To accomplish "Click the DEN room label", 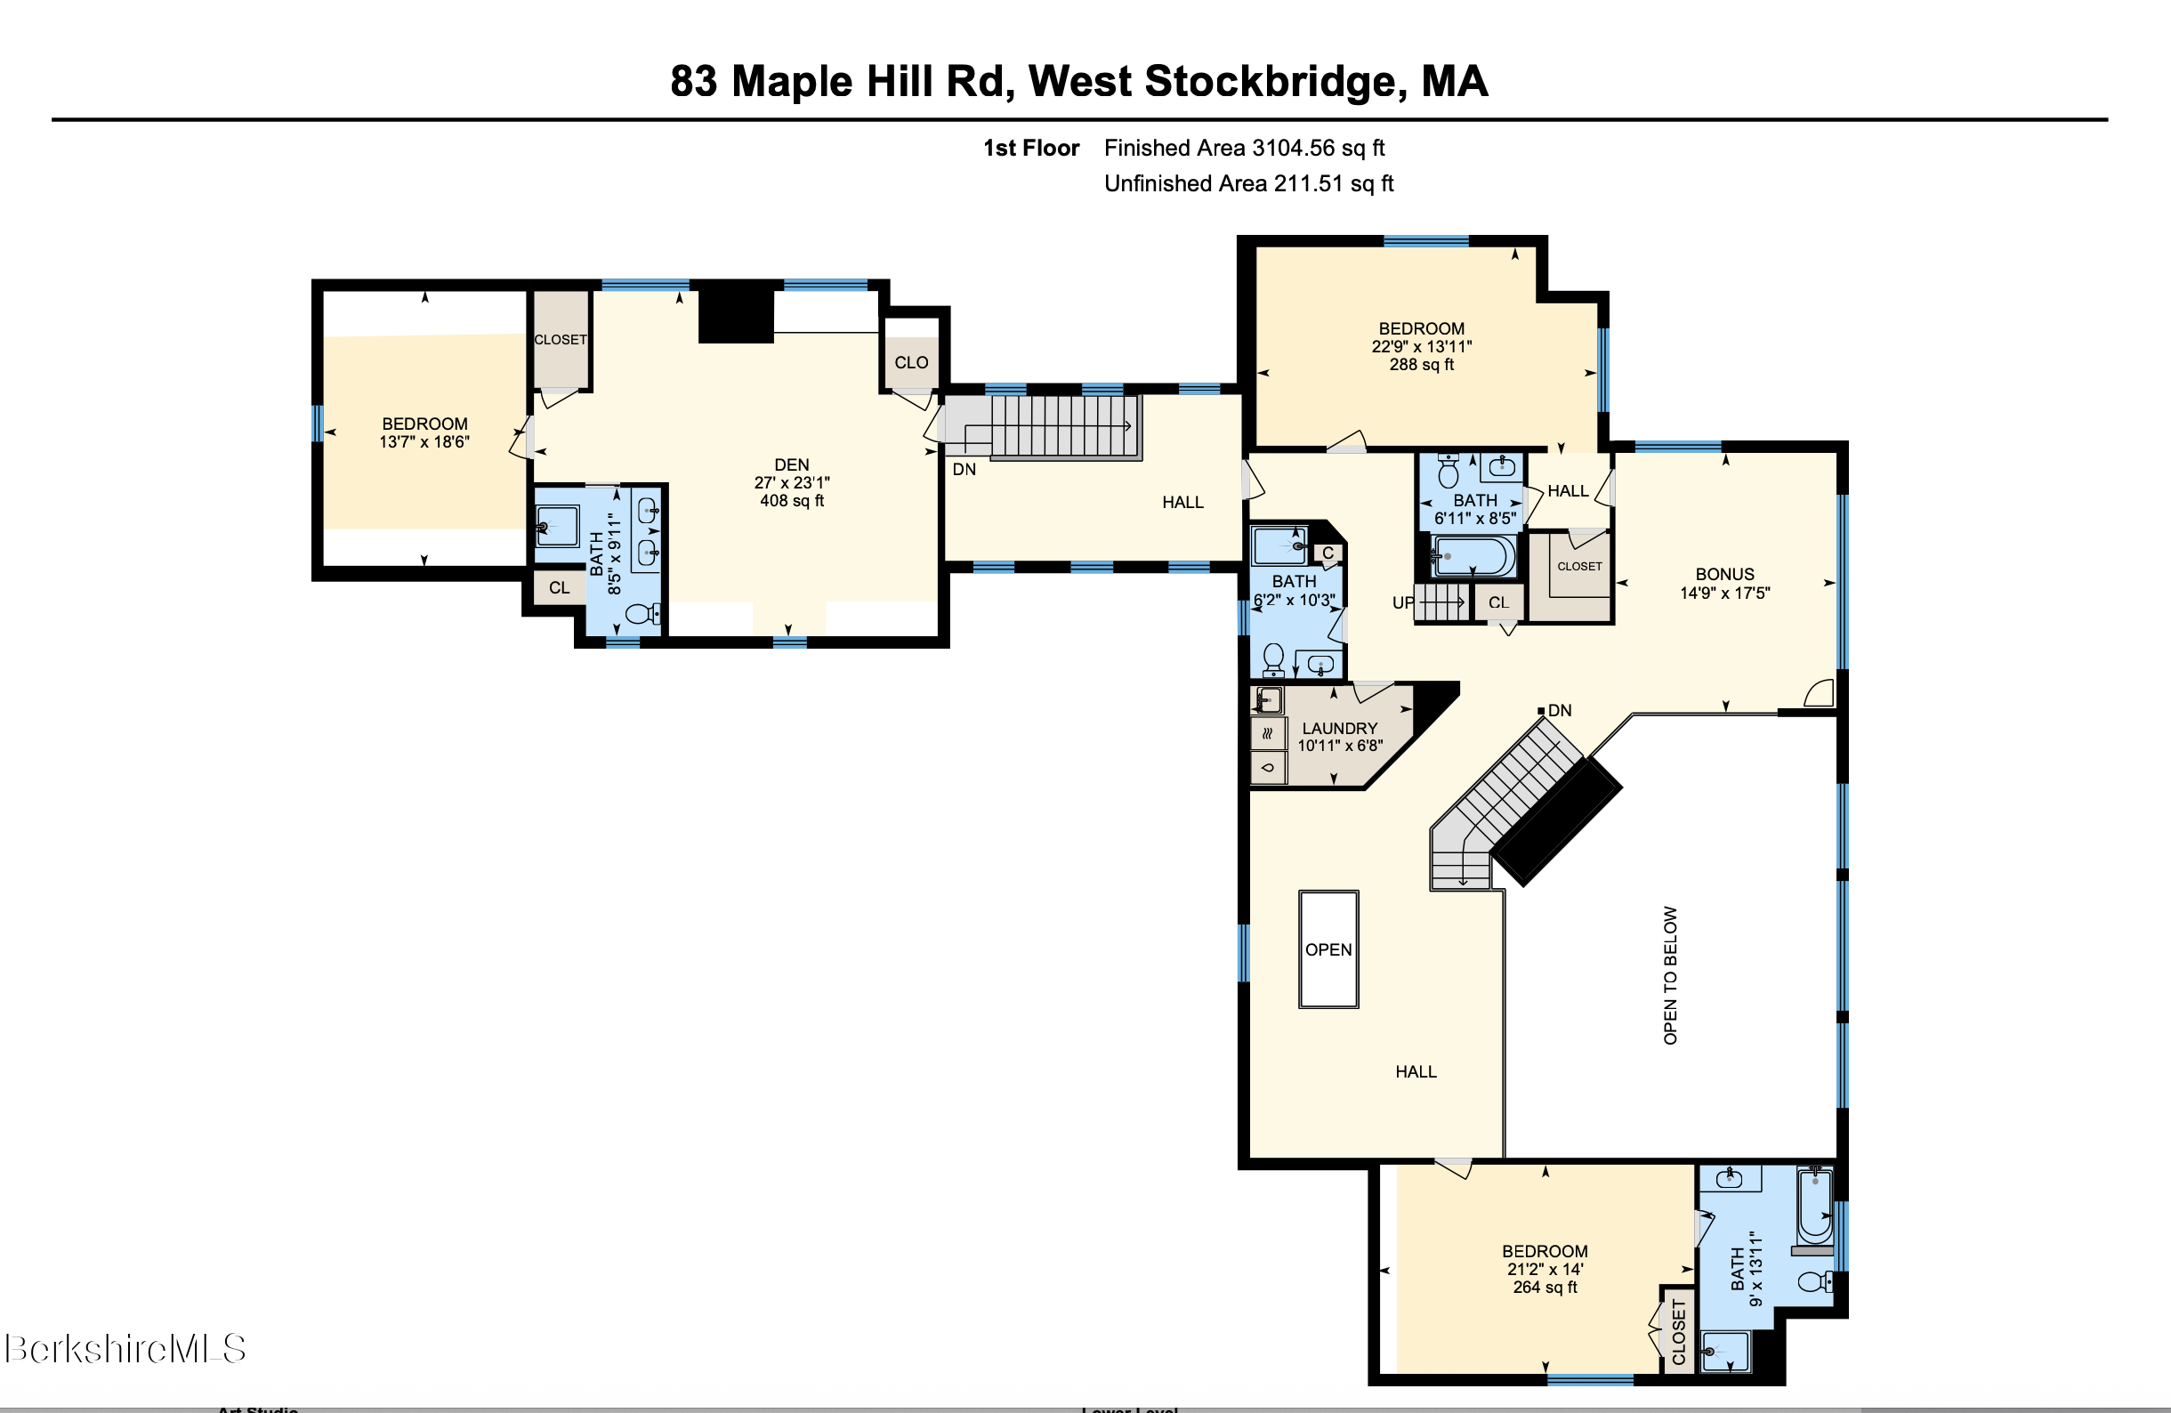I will pyautogui.click(x=791, y=465).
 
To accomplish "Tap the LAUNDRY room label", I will pyautogui.click(x=1339, y=728).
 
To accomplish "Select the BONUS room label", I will pyautogui.click(x=1724, y=574).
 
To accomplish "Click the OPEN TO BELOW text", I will pyautogui.click(x=1670, y=975).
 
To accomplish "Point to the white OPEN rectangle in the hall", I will pyautogui.click(x=1328, y=949).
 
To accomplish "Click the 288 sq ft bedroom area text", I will pyautogui.click(x=1421, y=365).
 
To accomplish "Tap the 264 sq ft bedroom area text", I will pyautogui.click(x=1545, y=1288).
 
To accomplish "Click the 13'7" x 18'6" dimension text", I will pyautogui.click(x=424, y=442).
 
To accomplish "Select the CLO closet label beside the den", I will pyautogui.click(x=910, y=362).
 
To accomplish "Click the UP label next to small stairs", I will pyautogui.click(x=1402, y=602).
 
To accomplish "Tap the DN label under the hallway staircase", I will pyautogui.click(x=964, y=470).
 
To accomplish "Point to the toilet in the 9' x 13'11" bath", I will pyautogui.click(x=1813, y=1281).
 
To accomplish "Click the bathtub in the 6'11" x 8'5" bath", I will pyautogui.click(x=1473, y=554).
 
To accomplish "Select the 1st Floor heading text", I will pyautogui.click(x=1030, y=148).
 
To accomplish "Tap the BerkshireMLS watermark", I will pyautogui.click(x=125, y=1347).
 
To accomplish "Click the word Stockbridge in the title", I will pyautogui.click(x=1269, y=81).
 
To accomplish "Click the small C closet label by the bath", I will pyautogui.click(x=1328, y=553).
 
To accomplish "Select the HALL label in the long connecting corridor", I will pyautogui.click(x=1182, y=502).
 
